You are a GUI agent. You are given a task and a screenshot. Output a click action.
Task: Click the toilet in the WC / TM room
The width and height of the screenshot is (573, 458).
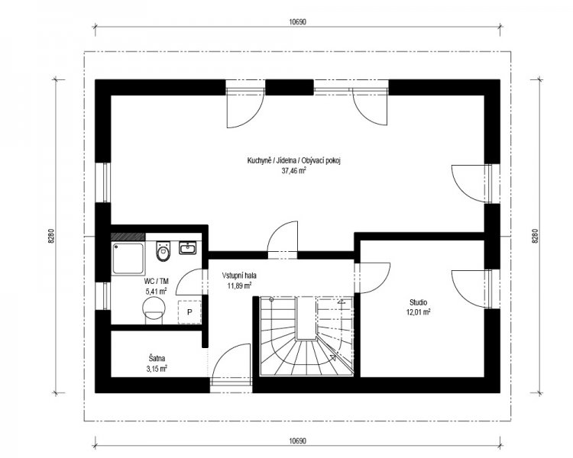tap(163, 251)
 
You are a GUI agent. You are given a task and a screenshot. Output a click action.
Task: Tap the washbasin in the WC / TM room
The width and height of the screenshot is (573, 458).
tap(188, 247)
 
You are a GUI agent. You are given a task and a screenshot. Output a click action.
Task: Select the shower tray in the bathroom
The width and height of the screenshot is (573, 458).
tap(128, 258)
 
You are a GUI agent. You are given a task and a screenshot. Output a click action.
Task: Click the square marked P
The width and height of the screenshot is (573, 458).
tap(189, 312)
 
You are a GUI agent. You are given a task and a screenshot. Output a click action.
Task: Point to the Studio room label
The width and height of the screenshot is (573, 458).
tap(418, 302)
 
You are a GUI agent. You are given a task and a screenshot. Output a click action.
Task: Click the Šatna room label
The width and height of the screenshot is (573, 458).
tap(154, 359)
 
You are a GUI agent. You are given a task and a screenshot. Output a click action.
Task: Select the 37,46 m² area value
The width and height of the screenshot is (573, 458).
tap(293, 169)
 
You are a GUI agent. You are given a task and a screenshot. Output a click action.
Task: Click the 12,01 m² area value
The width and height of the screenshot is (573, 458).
tap(418, 312)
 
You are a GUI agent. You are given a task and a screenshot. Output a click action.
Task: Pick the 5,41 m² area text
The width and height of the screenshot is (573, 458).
tap(157, 291)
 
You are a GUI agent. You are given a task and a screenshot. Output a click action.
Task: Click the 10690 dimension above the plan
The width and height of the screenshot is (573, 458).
tap(297, 21)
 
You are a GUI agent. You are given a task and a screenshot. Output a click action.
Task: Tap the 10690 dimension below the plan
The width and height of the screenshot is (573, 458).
tap(297, 441)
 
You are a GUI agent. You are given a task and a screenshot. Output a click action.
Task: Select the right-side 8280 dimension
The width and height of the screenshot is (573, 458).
tap(535, 236)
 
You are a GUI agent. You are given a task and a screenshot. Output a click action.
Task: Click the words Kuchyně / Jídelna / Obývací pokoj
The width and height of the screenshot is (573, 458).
tap(294, 161)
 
